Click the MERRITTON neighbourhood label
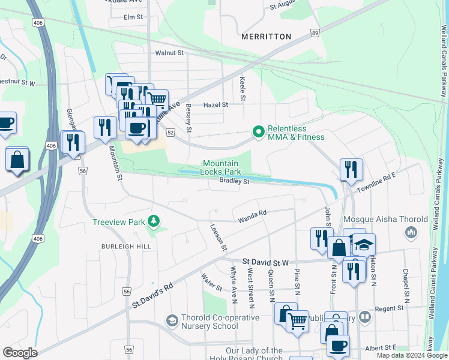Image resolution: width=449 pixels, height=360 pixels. point(266,37)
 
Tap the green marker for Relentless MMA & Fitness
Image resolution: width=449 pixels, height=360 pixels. point(259,131)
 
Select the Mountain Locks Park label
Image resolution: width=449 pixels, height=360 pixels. point(226,167)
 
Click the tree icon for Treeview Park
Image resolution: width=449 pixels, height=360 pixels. point(155,222)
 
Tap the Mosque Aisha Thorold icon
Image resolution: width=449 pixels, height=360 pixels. point(412,232)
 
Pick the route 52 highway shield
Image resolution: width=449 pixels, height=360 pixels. point(170,132)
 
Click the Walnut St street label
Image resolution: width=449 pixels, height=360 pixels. point(169,53)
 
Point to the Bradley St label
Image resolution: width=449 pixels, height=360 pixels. point(234,181)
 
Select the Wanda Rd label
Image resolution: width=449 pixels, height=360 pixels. point(252,212)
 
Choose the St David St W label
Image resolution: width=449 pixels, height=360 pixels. point(266,262)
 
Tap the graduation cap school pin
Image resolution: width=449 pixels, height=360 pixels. point(363,244)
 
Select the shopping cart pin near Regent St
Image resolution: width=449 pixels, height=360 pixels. point(297,321)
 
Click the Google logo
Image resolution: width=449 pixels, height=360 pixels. point(20,353)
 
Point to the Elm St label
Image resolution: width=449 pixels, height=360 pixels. point(133,17)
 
